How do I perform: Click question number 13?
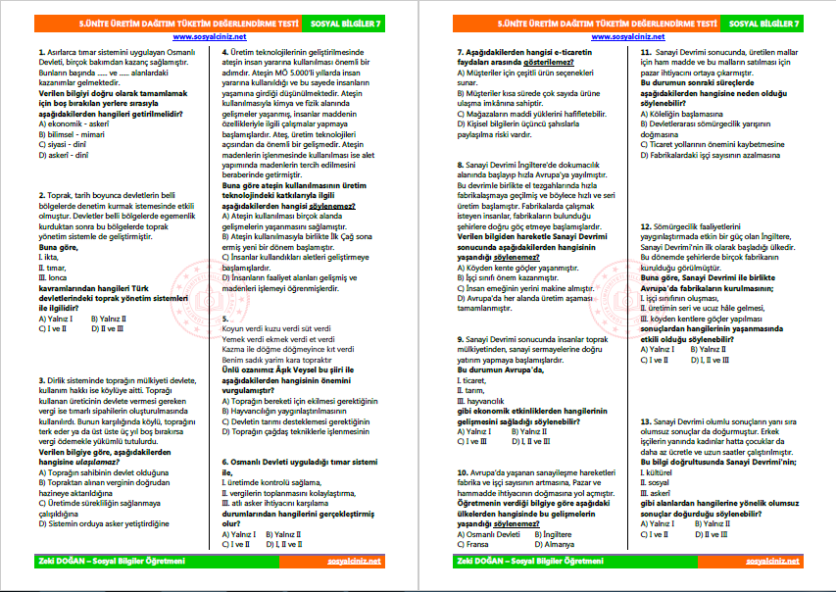pos(644,419)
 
